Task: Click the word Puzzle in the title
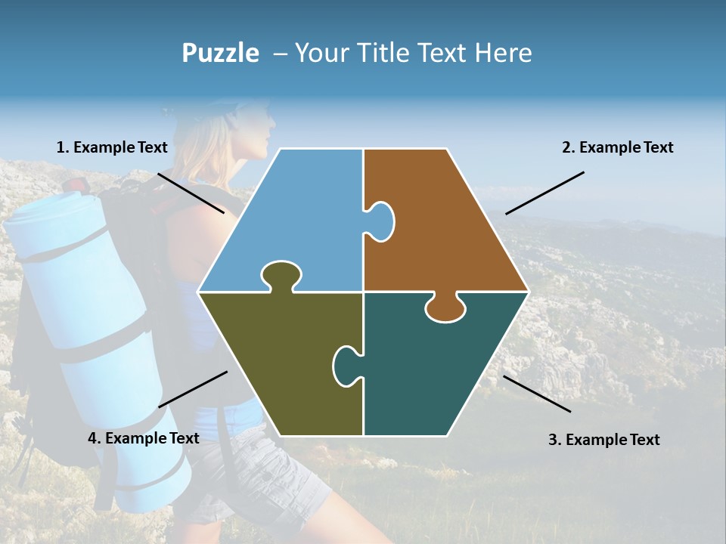pyautogui.click(x=220, y=53)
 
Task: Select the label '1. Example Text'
pyautogui.click(x=112, y=147)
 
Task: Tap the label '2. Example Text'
pyautogui.click(x=617, y=147)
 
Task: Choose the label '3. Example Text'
pyautogui.click(x=603, y=440)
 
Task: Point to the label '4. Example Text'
pyautogui.click(x=144, y=438)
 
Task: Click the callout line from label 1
pyautogui.click(x=191, y=193)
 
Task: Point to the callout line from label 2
pyautogui.click(x=544, y=193)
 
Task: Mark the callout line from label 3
pyautogui.click(x=537, y=394)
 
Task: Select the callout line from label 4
pyautogui.click(x=193, y=388)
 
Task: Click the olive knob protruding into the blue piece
pyautogui.click(x=281, y=275)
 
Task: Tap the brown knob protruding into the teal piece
pyautogui.click(x=445, y=308)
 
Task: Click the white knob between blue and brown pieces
pyautogui.click(x=381, y=221)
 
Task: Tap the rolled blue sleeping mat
pyautogui.click(x=83, y=317)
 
